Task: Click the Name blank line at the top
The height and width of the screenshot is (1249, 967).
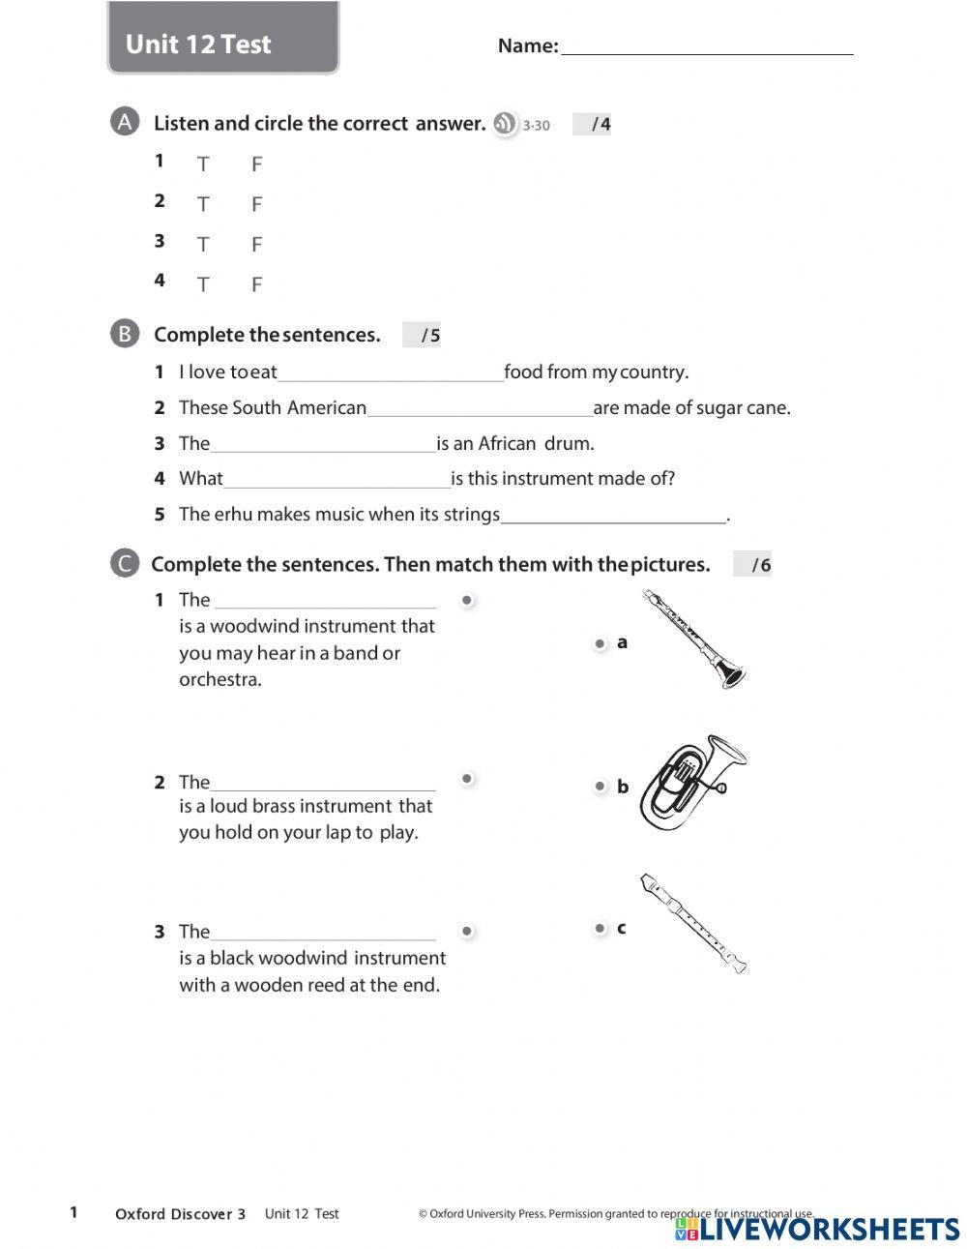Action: click(706, 45)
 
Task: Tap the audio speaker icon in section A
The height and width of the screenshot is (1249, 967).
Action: click(505, 124)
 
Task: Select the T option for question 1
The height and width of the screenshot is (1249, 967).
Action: click(203, 164)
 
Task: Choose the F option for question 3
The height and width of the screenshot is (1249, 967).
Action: click(256, 245)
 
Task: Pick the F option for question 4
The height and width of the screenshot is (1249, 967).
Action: click(256, 284)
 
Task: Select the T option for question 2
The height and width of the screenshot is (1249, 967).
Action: click(203, 204)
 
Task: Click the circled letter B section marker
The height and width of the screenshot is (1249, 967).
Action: click(125, 334)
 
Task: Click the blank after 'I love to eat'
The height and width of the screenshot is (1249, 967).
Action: click(390, 372)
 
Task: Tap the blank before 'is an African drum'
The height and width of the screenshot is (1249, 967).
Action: click(322, 444)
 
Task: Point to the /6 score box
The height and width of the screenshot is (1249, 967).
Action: click(752, 565)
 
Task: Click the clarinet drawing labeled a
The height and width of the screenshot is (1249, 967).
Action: click(694, 639)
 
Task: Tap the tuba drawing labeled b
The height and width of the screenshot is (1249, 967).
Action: click(692, 784)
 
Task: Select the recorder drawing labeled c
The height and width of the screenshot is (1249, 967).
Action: click(692, 924)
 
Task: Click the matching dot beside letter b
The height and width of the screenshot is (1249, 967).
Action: click(600, 787)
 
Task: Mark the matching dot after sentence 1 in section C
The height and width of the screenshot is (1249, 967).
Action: click(467, 601)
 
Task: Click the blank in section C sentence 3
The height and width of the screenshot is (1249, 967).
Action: click(322, 932)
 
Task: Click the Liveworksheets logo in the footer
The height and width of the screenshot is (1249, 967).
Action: click(817, 1229)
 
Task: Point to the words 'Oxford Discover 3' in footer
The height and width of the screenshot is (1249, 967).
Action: click(180, 1214)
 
